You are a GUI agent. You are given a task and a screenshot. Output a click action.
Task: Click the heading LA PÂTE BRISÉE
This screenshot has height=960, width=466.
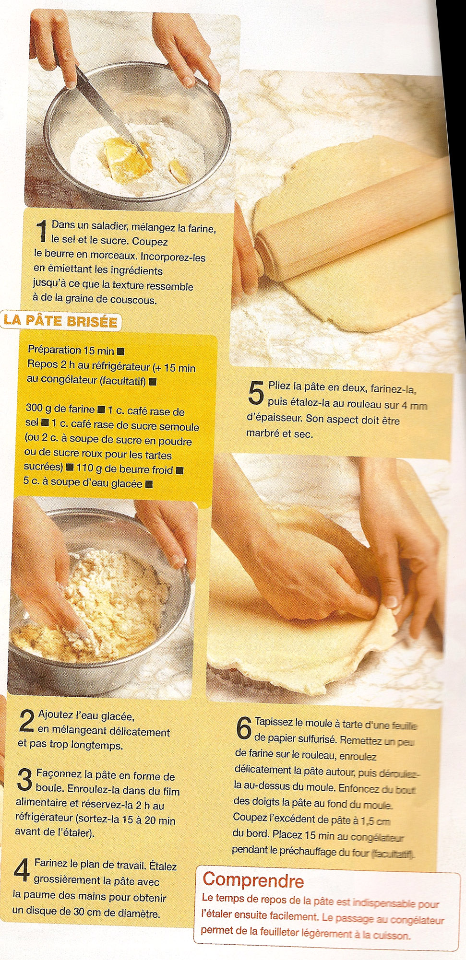[x=60, y=321]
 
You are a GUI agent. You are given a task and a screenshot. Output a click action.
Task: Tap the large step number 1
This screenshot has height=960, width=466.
[x=42, y=231]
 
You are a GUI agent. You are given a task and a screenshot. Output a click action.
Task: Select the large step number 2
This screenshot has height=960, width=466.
[x=27, y=721]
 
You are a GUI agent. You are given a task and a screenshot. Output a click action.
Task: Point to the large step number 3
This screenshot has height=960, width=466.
[x=25, y=779]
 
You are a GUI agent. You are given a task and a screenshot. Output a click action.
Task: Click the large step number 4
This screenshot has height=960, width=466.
[x=22, y=870]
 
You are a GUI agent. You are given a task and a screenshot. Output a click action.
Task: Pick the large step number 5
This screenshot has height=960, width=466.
[x=256, y=393]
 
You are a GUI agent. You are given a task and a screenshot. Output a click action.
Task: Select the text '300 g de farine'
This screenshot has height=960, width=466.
[x=60, y=409]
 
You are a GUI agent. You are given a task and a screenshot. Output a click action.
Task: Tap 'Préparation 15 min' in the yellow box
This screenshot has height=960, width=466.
[x=71, y=351]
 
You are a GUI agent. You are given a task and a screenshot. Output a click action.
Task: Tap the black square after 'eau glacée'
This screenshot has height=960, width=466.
[x=149, y=484]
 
